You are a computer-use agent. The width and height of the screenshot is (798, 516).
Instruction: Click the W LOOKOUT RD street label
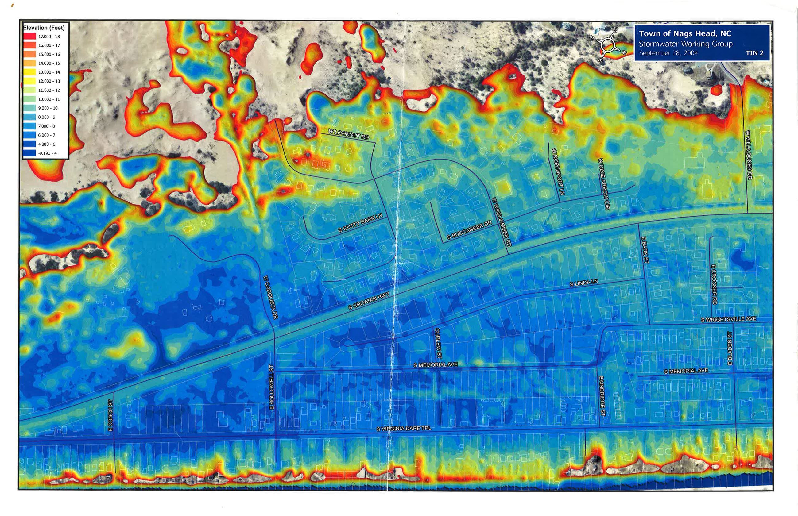tap(348, 134)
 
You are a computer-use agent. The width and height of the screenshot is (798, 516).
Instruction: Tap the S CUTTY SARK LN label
tap(360, 223)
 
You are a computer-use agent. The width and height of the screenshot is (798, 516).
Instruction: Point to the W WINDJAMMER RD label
tap(501, 222)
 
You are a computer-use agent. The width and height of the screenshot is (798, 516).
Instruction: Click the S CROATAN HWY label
tap(369, 301)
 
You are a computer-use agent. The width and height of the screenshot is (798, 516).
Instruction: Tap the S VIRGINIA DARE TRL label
tap(404, 429)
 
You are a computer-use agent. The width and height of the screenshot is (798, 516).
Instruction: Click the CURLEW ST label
tap(438, 343)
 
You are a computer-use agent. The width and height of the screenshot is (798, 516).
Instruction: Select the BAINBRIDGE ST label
tap(602, 396)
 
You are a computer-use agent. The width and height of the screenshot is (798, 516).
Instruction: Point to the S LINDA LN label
tap(583, 283)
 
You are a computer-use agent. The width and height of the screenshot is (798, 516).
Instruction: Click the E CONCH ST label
tap(110, 415)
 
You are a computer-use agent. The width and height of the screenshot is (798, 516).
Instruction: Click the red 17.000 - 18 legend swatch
tap(29, 37)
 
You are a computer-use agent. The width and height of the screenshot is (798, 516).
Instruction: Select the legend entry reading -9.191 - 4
tap(47, 153)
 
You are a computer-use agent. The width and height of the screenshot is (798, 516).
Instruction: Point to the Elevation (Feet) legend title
tap(44, 28)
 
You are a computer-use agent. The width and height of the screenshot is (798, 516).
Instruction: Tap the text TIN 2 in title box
tap(754, 53)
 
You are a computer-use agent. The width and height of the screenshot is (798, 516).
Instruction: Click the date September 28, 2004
tap(668, 53)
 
